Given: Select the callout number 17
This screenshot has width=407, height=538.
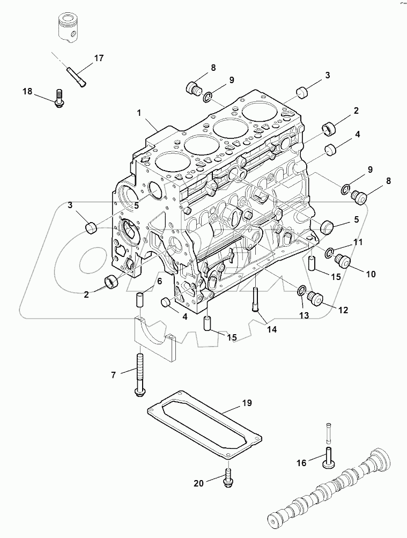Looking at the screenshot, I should pos(100,58).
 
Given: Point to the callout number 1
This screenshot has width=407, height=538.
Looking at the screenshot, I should pos(139,113).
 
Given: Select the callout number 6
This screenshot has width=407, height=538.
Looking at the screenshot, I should pos(159,281).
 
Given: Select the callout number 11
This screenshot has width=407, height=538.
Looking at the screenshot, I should pos(358,242).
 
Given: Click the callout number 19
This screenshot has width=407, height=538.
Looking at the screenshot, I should pos(247,402).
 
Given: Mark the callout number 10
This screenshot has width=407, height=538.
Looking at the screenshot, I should pos(371,274).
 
